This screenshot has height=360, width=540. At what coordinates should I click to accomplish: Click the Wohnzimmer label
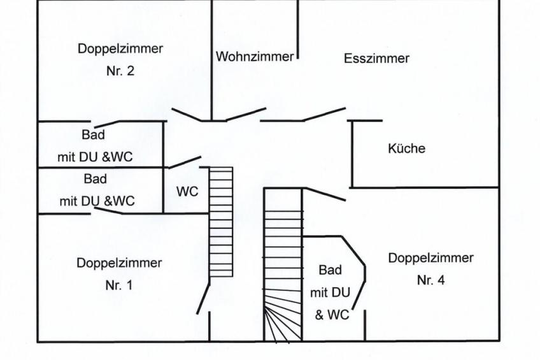point(255,56)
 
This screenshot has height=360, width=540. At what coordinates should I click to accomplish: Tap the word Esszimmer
point(376,59)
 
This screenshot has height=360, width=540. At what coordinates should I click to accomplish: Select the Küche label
point(406,148)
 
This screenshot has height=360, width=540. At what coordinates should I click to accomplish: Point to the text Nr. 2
point(120,71)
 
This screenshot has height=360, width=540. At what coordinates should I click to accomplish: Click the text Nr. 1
point(119,285)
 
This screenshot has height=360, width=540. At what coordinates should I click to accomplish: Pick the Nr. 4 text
point(430,280)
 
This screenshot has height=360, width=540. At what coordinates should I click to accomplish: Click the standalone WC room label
point(187,191)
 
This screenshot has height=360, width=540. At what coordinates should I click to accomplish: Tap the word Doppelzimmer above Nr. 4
point(430,258)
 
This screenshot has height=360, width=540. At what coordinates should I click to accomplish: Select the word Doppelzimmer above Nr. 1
point(119,263)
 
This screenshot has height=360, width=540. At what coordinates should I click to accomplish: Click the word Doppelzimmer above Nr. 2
point(120,48)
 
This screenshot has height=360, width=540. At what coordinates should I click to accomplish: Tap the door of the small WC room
point(183,162)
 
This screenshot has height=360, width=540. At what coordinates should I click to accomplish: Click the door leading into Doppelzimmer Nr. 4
point(325,194)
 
